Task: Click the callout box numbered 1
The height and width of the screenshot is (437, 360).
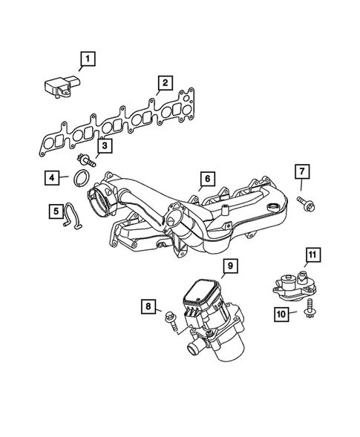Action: [x=88, y=59]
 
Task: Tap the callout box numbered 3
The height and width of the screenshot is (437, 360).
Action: [x=106, y=146]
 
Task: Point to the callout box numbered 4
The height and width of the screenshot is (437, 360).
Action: [x=51, y=177]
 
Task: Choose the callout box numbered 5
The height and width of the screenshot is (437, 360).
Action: [x=56, y=212]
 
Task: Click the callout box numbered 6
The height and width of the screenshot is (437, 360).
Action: [x=208, y=179]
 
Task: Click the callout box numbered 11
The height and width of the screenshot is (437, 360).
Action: [x=312, y=255]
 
